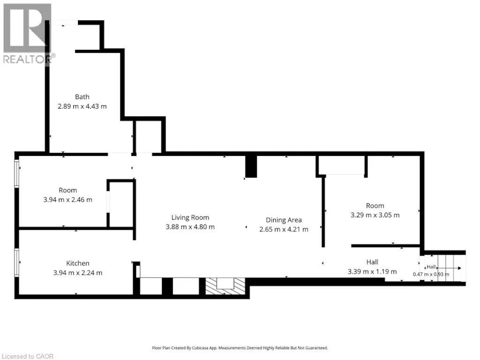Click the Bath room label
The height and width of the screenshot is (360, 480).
82,97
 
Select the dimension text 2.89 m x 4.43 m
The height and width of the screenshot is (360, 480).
82,106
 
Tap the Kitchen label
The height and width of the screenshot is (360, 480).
78,263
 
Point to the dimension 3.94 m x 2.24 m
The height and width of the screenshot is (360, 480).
78,273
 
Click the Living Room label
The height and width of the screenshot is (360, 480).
190,217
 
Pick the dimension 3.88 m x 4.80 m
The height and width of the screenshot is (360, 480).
190,227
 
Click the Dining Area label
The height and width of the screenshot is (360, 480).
284,220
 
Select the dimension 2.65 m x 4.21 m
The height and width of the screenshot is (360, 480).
284,229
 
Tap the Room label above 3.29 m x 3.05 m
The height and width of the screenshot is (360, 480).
375,206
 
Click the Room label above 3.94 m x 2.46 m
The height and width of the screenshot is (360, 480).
68,190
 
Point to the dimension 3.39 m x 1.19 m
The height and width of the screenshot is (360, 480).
372,272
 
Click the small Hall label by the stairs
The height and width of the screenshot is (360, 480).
431,267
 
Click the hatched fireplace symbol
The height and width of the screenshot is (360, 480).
226,286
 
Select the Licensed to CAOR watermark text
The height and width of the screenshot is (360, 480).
27,356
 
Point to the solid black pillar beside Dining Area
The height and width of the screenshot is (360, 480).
251,167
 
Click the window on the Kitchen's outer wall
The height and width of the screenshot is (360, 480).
17,263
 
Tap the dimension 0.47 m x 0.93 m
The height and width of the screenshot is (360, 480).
431,274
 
